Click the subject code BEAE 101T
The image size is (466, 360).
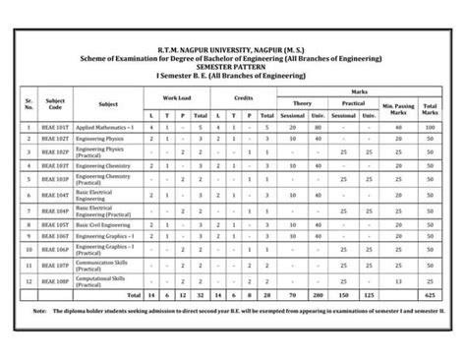[x=55, y=127]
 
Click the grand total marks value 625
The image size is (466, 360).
[x=431, y=293]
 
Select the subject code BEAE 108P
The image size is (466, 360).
[x=55, y=281]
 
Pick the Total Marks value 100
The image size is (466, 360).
[x=431, y=127]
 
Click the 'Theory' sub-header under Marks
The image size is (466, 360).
[x=303, y=102]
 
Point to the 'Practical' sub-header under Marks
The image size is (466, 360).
[x=354, y=102]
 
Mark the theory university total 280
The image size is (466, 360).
[x=318, y=293]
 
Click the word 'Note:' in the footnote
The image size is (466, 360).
[x=38, y=309]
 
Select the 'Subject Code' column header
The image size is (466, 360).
[x=55, y=102]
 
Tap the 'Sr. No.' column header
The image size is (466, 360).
[x=30, y=102]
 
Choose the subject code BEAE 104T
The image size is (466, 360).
[x=55, y=196]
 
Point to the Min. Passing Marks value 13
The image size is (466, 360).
[x=399, y=281]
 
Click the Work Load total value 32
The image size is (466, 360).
[x=200, y=293]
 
